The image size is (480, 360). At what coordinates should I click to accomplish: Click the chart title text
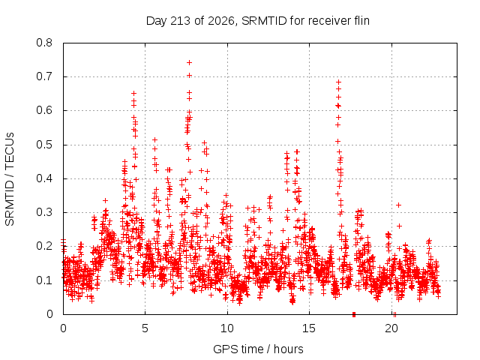tap(258, 21)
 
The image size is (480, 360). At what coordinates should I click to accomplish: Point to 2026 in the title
tap(220, 21)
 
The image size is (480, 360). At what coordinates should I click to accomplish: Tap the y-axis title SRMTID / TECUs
tap(10, 179)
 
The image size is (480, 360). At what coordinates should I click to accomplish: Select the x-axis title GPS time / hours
tap(258, 349)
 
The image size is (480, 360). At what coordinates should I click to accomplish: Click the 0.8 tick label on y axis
tap(44, 43)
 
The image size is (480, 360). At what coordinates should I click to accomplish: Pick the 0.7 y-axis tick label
tap(44, 76)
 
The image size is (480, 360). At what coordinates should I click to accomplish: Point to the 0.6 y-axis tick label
tap(44, 110)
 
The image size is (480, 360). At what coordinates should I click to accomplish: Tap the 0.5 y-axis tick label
tap(44, 145)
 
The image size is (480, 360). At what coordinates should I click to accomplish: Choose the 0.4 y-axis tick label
tap(44, 178)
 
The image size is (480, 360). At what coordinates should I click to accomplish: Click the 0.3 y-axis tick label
tap(44, 212)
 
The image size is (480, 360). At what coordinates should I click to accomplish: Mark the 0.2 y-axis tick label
tap(44, 246)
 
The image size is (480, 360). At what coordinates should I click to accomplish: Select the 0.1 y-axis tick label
tap(44, 280)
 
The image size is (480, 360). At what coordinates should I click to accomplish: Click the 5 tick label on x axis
tap(145, 328)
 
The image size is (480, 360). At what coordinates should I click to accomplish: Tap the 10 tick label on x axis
tap(227, 328)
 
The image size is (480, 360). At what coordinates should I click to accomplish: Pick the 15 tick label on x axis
tap(309, 328)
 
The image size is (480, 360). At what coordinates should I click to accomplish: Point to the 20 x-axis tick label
tap(391, 328)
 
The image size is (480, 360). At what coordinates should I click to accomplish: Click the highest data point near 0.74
tap(189, 63)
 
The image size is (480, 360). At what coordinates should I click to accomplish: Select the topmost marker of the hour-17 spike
tap(338, 82)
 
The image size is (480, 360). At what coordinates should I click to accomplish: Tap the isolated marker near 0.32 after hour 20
tap(398, 205)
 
